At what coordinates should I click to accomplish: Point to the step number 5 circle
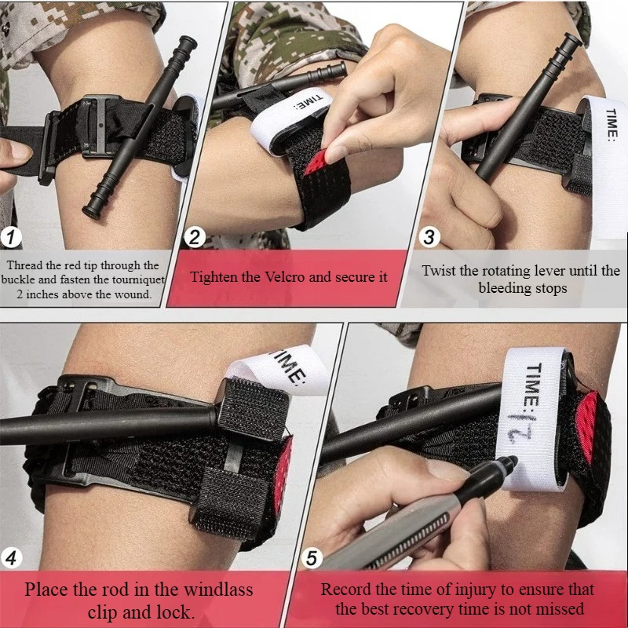click(x=312, y=559)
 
